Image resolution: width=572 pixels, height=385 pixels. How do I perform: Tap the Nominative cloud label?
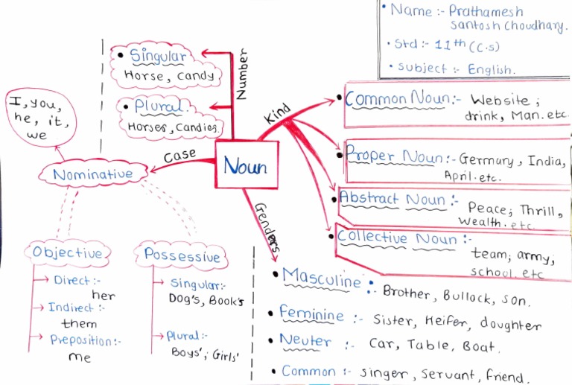92,174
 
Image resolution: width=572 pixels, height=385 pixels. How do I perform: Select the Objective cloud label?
67,253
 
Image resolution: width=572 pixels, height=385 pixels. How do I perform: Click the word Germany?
486,160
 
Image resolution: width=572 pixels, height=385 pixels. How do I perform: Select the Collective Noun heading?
396,238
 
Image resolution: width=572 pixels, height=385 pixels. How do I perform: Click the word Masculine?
322,280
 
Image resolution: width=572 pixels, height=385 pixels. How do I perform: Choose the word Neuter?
305,341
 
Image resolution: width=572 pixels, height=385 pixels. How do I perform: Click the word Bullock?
471,296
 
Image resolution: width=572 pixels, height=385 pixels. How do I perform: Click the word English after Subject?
491,69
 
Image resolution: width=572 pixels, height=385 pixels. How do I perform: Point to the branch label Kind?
276,115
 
